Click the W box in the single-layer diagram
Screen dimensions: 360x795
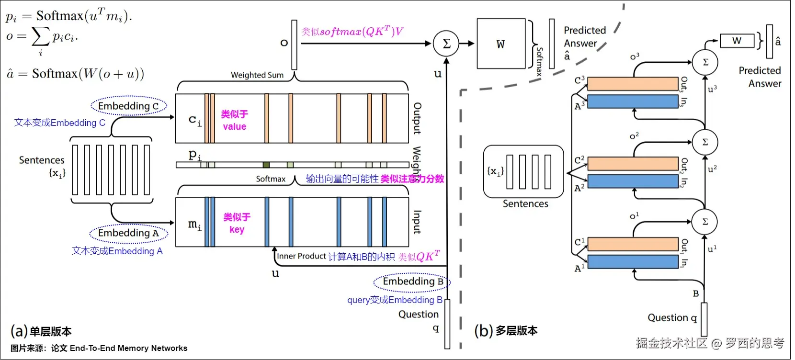[501, 44]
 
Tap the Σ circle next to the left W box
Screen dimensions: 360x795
[446, 44]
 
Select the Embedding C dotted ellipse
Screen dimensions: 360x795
[128, 106]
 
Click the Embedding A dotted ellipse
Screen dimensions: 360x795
[128, 233]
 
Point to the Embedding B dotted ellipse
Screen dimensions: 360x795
[412, 281]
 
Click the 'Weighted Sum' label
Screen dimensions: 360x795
[257, 75]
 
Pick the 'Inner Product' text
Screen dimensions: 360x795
[301, 256]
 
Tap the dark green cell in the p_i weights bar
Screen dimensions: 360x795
[266, 165]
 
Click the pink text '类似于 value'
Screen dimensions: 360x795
[234, 120]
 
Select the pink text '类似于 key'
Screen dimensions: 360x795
[237, 223]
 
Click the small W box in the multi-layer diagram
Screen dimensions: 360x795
[737, 41]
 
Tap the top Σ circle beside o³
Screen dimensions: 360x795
[705, 62]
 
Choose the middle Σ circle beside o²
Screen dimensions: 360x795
[705, 142]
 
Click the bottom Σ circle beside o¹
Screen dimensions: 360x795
[704, 222]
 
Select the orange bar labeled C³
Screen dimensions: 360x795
[633, 84]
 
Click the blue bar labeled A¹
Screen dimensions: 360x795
[633, 262]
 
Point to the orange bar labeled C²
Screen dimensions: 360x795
[633, 164]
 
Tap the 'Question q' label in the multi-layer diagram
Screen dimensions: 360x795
[672, 318]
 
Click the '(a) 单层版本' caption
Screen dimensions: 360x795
[41, 331]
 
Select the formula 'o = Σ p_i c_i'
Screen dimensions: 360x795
[42, 37]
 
